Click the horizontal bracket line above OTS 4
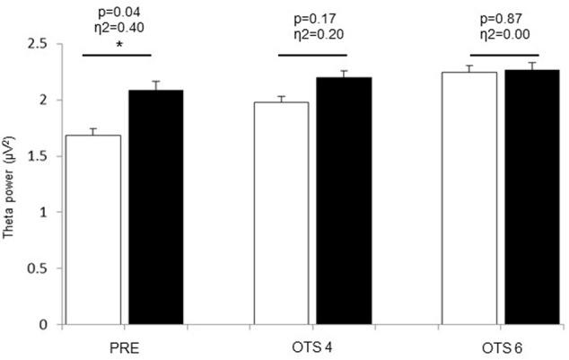click(x=313, y=55)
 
